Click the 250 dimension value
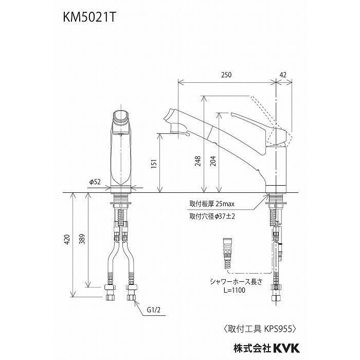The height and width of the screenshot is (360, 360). pos(227,75)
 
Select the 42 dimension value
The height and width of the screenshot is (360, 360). pos(283,75)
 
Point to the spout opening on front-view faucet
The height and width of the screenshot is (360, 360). pos(122,116)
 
